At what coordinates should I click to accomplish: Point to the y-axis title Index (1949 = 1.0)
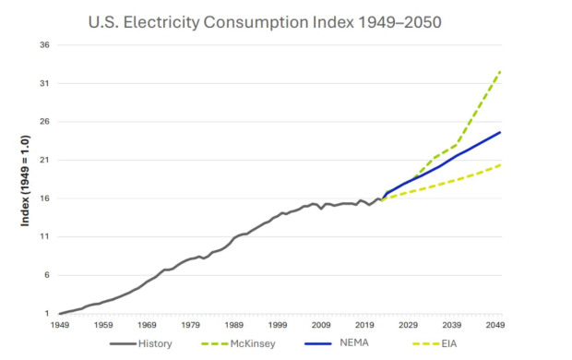25,179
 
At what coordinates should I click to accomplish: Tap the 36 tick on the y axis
43,45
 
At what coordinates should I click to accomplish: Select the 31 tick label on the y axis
43,84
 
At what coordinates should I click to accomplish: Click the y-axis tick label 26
43,122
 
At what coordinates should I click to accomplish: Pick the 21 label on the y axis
43,161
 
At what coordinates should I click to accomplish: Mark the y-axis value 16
43,198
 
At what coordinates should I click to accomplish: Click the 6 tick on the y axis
46,275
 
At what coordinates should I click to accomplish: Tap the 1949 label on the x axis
59,325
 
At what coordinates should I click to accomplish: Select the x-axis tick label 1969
147,325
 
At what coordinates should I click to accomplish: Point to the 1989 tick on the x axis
234,325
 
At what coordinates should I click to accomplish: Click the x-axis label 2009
321,325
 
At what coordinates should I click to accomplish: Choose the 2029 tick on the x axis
409,325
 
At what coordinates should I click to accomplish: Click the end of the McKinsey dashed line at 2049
500,71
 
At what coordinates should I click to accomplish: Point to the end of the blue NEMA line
500,132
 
